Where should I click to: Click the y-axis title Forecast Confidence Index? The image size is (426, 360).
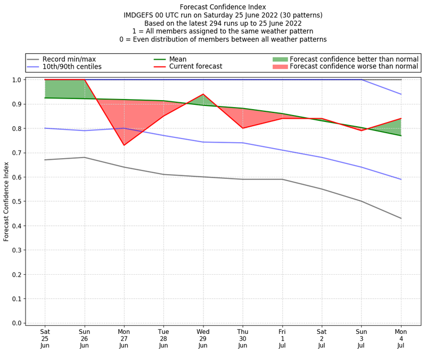[6, 201]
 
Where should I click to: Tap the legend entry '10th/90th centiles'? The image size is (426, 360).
[72, 67]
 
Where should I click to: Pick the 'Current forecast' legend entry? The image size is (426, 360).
[195, 67]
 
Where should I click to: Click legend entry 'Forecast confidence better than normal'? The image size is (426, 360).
[354, 59]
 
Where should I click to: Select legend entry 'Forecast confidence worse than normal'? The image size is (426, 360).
[354, 67]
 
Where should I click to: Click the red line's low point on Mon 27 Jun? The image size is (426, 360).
[124, 145]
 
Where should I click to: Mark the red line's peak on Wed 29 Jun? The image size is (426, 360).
[203, 94]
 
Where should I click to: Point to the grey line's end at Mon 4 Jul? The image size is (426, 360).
[401, 218]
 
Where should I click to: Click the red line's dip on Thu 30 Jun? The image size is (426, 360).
[243, 128]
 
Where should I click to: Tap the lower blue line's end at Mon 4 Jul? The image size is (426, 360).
[401, 179]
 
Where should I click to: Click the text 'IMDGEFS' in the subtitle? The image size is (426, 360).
[139, 15]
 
